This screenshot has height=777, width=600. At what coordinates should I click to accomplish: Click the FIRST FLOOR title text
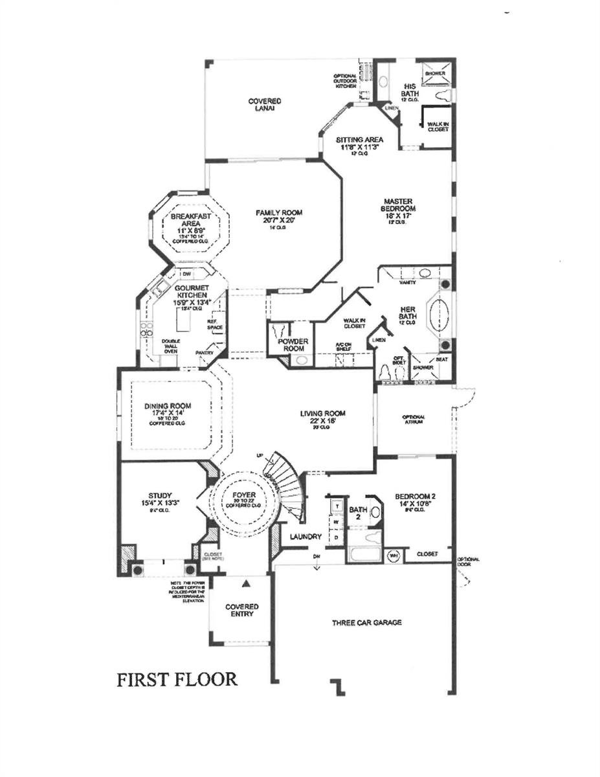(177, 679)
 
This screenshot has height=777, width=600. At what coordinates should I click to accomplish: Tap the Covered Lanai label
(265, 105)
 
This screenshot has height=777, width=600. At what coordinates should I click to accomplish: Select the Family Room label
(279, 216)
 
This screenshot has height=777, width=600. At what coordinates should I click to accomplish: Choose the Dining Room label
(168, 411)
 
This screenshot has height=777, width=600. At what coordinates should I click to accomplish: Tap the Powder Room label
(293, 345)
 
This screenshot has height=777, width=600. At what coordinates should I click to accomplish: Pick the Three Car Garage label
(367, 623)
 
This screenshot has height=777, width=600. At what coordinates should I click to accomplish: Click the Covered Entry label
(241, 611)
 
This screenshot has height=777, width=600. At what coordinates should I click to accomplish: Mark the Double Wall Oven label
(171, 346)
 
